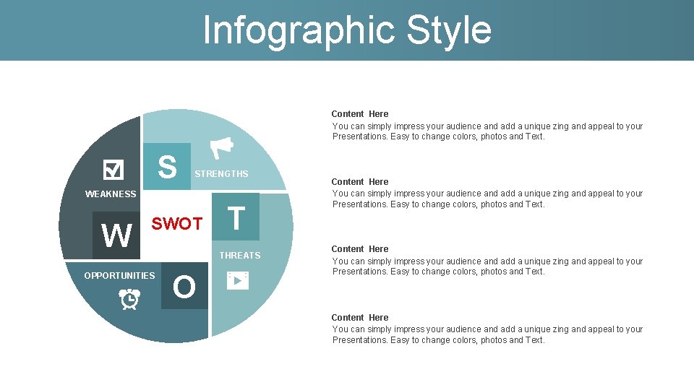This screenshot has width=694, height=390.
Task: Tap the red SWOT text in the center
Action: [176, 224]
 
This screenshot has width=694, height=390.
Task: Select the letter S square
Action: [167, 166]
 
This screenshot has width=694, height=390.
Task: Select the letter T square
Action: [236, 217]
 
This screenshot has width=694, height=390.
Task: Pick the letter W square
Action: [116, 235]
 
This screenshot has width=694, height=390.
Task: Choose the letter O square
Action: [184, 287]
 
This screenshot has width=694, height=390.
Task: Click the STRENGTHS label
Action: [221, 174]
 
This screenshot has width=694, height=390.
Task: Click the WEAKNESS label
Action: [111, 194]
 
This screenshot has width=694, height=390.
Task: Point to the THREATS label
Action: [240, 256]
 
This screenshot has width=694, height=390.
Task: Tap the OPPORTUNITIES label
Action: [119, 276]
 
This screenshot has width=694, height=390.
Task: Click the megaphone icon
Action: [221, 147]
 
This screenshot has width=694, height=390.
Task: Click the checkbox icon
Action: [113, 170]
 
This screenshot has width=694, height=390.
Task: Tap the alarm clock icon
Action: [130, 298]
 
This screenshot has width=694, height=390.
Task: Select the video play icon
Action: [237, 280]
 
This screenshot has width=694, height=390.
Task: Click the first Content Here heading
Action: [359, 114]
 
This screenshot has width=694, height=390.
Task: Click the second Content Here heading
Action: [359, 182]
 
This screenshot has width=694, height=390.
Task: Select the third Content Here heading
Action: [359, 249]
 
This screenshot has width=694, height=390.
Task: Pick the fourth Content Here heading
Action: [359, 318]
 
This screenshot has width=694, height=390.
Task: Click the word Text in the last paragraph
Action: [534, 340]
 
